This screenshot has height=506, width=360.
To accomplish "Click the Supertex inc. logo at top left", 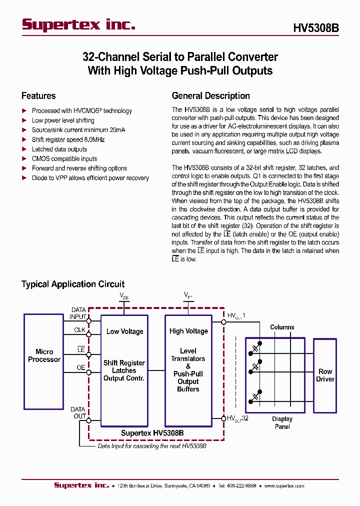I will [x=78, y=25].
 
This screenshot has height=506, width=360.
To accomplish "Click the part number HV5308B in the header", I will [x=316, y=28].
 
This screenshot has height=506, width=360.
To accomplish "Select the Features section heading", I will [x=38, y=96].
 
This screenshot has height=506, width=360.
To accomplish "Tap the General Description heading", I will [x=210, y=96].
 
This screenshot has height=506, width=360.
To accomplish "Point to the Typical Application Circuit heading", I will [x=73, y=284].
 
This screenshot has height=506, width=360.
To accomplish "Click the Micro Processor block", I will [x=44, y=355].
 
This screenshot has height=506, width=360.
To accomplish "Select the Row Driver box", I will [x=325, y=375].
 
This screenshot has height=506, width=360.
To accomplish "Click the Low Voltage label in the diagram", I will [x=124, y=331].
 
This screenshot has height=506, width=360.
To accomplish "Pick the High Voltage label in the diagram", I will [x=188, y=331].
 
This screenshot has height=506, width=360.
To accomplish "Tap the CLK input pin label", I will [x=79, y=329].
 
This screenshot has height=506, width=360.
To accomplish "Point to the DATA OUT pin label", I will [x=78, y=413].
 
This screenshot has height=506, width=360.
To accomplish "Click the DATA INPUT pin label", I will [x=78, y=313].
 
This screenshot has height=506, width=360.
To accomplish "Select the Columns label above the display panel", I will [x=282, y=327].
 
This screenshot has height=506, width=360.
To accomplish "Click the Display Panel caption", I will [x=282, y=423].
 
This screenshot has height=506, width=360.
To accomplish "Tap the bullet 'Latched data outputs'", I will [x=59, y=149].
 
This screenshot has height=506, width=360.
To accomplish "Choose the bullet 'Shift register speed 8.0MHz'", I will [x=68, y=139].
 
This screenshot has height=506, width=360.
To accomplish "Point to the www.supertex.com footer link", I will [x=284, y=485].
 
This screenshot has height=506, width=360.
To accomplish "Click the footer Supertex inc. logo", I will [x=81, y=485].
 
